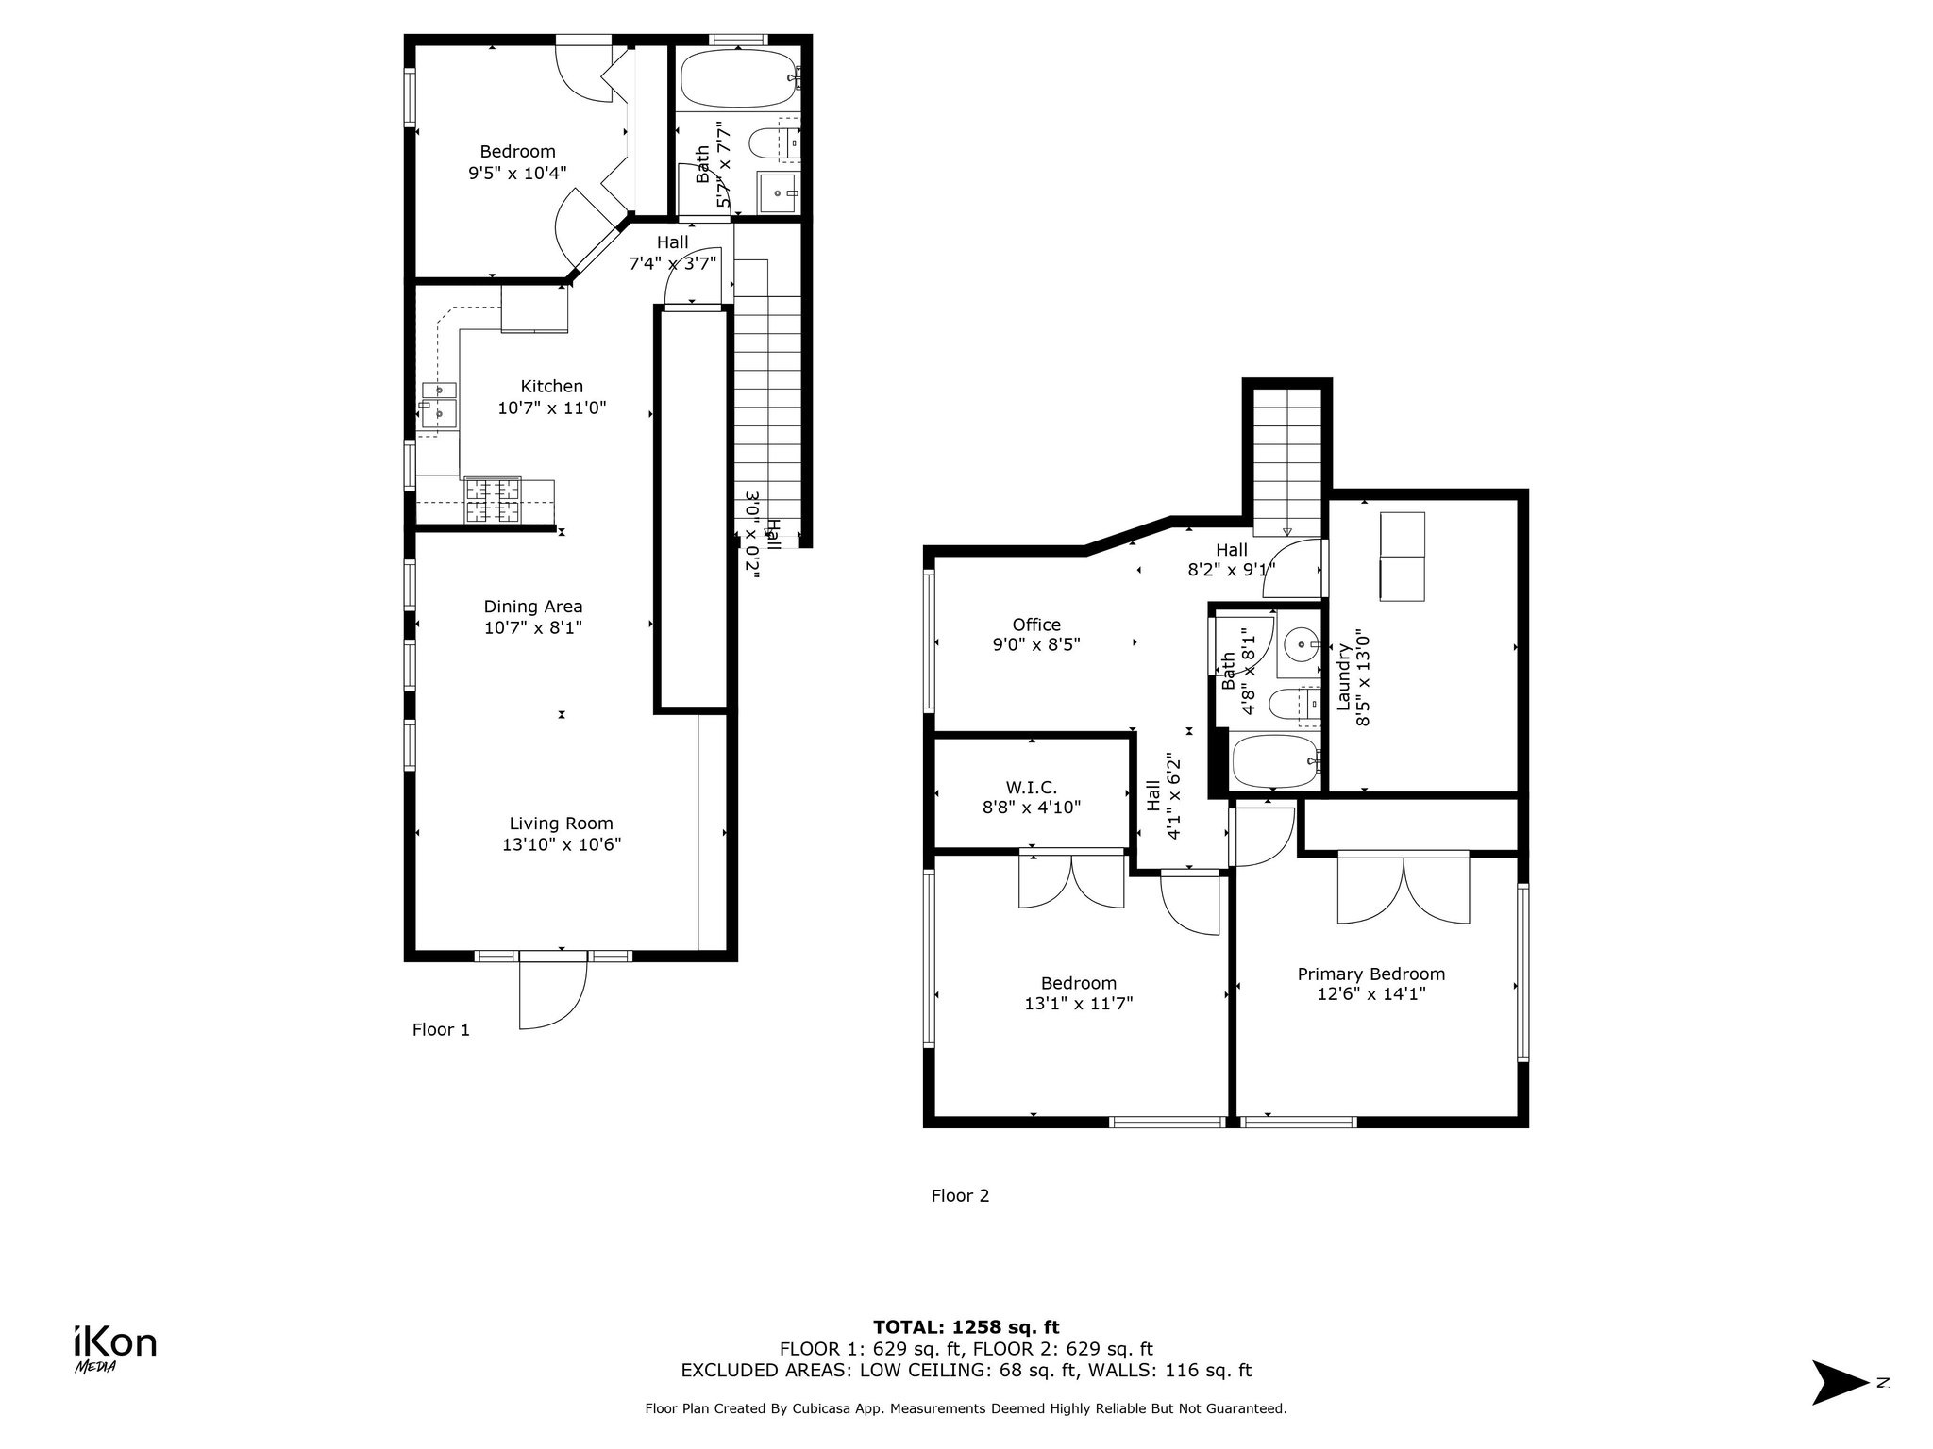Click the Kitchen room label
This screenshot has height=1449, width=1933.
[x=552, y=386]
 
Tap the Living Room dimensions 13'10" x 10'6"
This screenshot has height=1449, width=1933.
[x=562, y=844]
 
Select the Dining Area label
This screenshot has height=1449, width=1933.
[x=533, y=607]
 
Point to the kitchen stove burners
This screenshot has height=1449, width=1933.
[x=492, y=501]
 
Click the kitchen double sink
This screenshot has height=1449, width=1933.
[x=439, y=403]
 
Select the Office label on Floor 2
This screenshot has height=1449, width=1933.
[x=1036, y=625]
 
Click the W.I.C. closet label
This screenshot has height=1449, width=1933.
[x=1032, y=787]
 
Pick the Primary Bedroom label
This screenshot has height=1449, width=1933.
[x=1370, y=974]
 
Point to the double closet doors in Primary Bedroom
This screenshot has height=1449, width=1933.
[x=1404, y=889]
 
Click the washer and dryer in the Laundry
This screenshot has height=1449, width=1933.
[x=1402, y=557]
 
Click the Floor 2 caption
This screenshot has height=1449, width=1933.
[x=960, y=1196]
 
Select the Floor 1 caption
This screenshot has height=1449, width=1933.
[x=441, y=1029]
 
